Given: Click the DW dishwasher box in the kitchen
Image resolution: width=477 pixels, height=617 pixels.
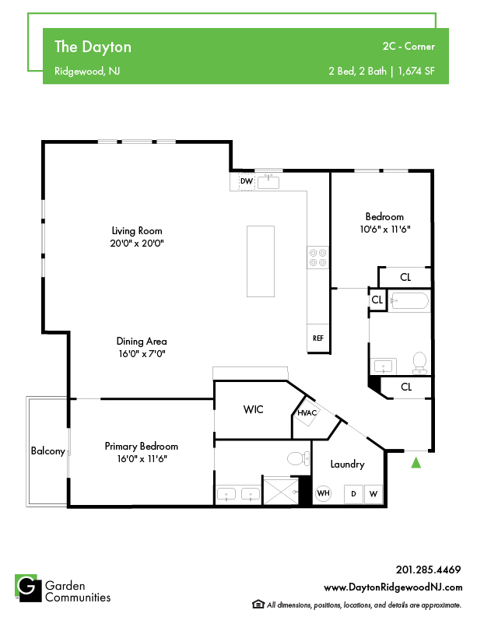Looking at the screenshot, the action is pyautogui.click(x=247, y=181).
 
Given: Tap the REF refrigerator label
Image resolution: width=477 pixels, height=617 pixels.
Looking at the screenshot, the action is pyautogui.click(x=318, y=338).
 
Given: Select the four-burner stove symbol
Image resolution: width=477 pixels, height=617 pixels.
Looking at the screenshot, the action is pyautogui.click(x=317, y=258).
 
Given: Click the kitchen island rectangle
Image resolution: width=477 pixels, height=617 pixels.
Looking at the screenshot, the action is pyautogui.click(x=261, y=261).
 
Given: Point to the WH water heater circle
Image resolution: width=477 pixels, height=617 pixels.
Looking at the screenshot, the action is pyautogui.click(x=324, y=493).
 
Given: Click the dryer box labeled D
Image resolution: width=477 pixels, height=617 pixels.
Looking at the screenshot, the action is pyautogui.click(x=353, y=494).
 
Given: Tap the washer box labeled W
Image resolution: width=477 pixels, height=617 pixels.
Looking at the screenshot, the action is pyautogui.click(x=374, y=494).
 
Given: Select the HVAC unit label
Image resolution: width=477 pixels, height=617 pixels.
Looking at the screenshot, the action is pyautogui.click(x=307, y=413).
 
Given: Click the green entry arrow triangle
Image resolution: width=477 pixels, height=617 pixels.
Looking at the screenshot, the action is pyautogui.click(x=416, y=463).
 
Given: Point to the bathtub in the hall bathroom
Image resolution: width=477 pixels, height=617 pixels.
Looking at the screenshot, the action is pyautogui.click(x=409, y=302).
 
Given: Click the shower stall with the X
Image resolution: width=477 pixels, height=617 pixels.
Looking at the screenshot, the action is pyautogui.click(x=281, y=490).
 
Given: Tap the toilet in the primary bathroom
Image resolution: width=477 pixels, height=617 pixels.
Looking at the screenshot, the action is pyautogui.click(x=298, y=458).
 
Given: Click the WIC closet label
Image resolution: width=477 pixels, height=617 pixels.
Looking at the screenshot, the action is pyautogui.click(x=253, y=409).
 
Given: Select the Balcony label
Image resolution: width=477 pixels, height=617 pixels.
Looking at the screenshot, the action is pyautogui.click(x=48, y=451).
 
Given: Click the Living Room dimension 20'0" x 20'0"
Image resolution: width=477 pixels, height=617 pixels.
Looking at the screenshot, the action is pyautogui.click(x=137, y=244).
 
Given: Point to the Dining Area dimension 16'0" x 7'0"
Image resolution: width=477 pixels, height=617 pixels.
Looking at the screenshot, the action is pyautogui.click(x=142, y=354).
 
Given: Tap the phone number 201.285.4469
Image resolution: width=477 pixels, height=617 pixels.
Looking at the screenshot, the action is pyautogui.click(x=428, y=570).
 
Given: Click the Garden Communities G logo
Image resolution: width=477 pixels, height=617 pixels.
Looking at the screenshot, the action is pyautogui.click(x=28, y=588).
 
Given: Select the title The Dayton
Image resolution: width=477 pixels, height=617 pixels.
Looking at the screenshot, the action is pyautogui.click(x=93, y=47).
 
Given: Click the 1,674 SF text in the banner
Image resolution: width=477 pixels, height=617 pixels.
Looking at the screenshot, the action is pyautogui.click(x=416, y=72).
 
